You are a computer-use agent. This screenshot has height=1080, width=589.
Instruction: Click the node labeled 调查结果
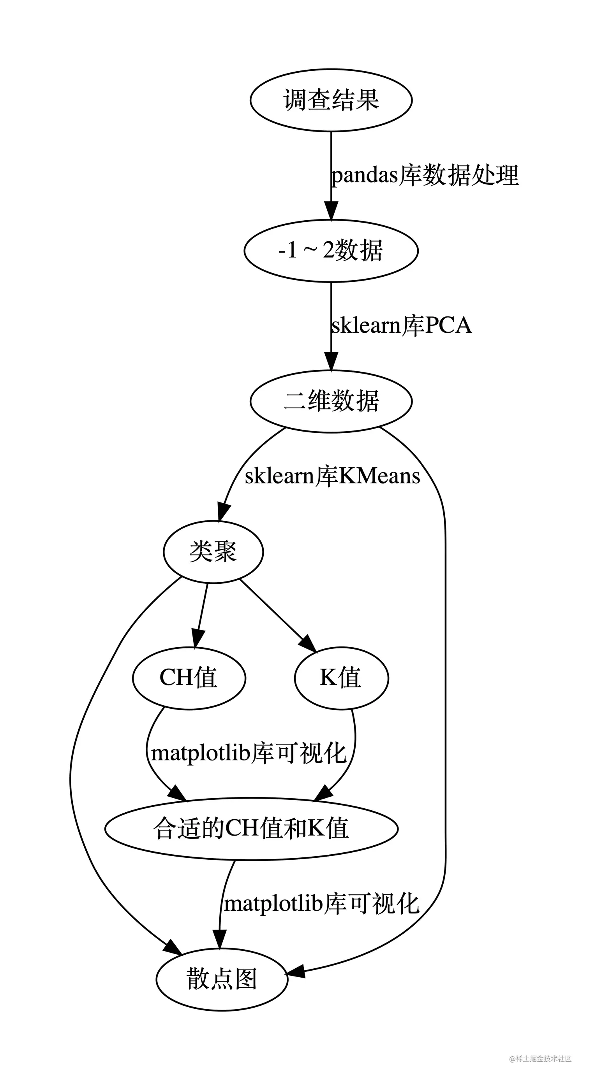[x=331, y=100]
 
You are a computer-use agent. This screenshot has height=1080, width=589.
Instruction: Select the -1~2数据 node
[x=331, y=250]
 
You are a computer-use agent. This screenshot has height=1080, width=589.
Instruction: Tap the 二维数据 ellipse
[x=331, y=401]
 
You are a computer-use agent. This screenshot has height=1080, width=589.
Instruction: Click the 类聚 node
[x=213, y=551]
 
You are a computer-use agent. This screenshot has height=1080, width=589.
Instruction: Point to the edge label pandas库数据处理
[x=425, y=175]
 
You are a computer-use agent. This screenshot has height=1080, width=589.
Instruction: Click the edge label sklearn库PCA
[x=402, y=326]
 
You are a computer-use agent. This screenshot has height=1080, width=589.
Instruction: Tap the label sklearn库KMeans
[x=332, y=476]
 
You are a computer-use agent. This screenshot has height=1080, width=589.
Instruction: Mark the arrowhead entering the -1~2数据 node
[x=331, y=211]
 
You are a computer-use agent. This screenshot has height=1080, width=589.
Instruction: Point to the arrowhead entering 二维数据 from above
[x=331, y=362]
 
